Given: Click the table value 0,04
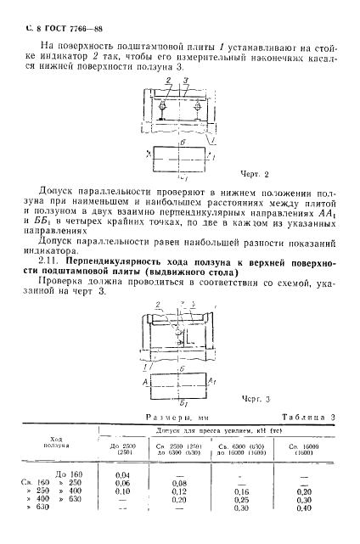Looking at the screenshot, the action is click(122, 474).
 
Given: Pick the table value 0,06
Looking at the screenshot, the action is click(122, 484).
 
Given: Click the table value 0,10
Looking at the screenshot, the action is click(122, 493).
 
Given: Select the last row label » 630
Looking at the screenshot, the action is click(53, 512).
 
